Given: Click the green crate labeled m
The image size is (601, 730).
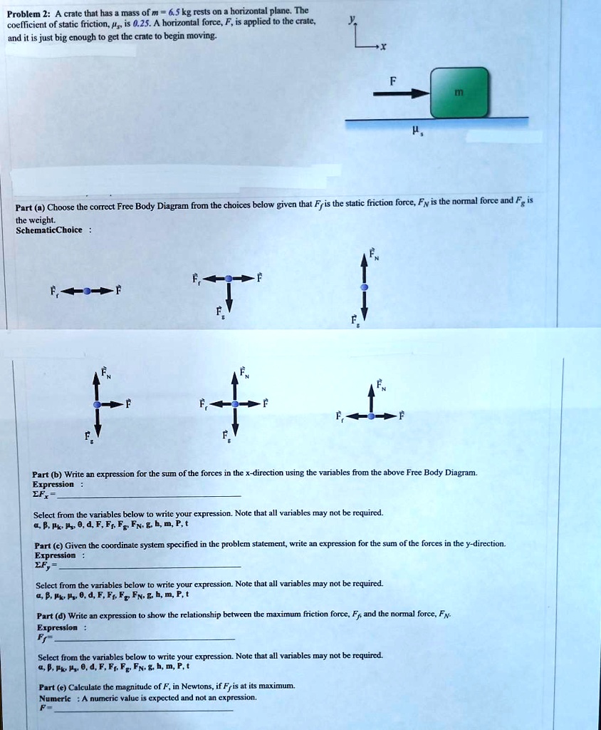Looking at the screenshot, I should [x=459, y=92].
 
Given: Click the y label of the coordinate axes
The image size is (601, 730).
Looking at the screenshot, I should [x=349, y=21].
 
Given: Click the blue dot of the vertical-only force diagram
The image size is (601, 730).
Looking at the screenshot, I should [x=365, y=286].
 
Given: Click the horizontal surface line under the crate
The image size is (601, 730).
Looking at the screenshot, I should [x=436, y=118].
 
